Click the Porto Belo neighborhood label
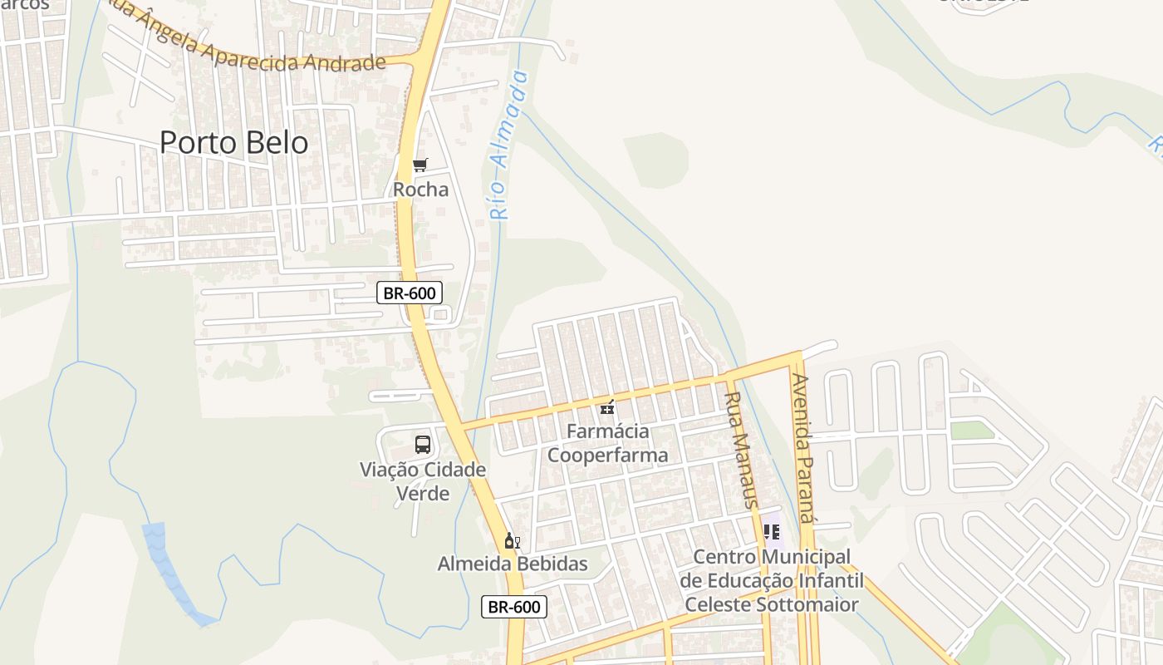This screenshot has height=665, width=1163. pyautogui.click(x=233, y=142)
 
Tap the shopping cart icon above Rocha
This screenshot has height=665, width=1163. pyautogui.click(x=420, y=165)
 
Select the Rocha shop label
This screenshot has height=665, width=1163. pyautogui.click(x=420, y=190)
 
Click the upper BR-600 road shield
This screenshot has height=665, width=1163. pyautogui.click(x=410, y=293)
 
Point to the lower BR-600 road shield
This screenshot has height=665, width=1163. pyautogui.click(x=514, y=607)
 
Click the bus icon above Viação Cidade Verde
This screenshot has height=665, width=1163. pyautogui.click(x=423, y=445)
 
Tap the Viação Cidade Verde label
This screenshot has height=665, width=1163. pyautogui.click(x=423, y=481)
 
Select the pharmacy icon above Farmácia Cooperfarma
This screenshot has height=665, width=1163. pyautogui.click(x=608, y=407)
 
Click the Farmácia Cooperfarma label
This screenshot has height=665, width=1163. pyautogui.click(x=608, y=443)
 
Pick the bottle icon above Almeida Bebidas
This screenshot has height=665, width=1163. pyautogui.click(x=512, y=541)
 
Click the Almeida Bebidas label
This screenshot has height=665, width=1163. pyautogui.click(x=513, y=564)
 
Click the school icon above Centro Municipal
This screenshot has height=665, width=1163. pyautogui.click(x=771, y=531)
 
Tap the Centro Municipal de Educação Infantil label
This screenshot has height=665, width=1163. pyautogui.click(x=772, y=579)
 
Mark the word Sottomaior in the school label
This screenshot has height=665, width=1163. pyautogui.click(x=807, y=604)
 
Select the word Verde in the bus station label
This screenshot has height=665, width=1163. pyautogui.click(x=423, y=494)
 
